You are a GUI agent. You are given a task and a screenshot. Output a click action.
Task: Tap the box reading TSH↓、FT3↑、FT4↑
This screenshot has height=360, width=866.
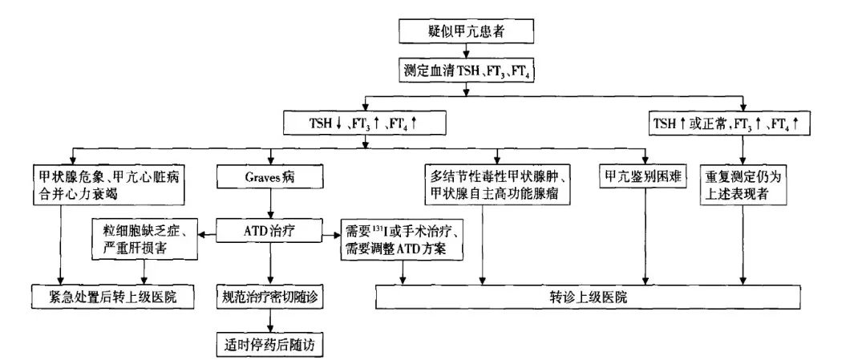[x=366, y=124]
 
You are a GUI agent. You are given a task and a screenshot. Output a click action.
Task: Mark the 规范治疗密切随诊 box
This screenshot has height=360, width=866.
[x=271, y=296]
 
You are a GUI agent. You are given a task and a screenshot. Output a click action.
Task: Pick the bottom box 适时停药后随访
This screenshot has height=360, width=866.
[x=271, y=346]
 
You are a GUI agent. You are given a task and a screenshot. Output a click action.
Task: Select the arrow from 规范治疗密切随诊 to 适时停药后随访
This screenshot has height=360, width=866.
[x=271, y=321]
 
